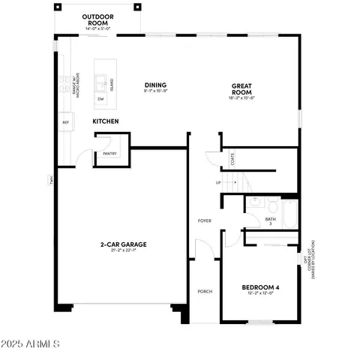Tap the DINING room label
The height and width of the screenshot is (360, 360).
155,85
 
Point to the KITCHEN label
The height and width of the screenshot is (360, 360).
106,121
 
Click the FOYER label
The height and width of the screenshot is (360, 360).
203,221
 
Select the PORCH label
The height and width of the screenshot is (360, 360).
203,292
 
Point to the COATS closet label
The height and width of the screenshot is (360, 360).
232,159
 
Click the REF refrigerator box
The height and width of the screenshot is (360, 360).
66,122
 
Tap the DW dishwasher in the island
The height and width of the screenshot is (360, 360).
100,99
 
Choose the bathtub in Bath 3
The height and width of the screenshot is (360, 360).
289,212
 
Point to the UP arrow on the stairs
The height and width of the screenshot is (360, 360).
218,182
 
